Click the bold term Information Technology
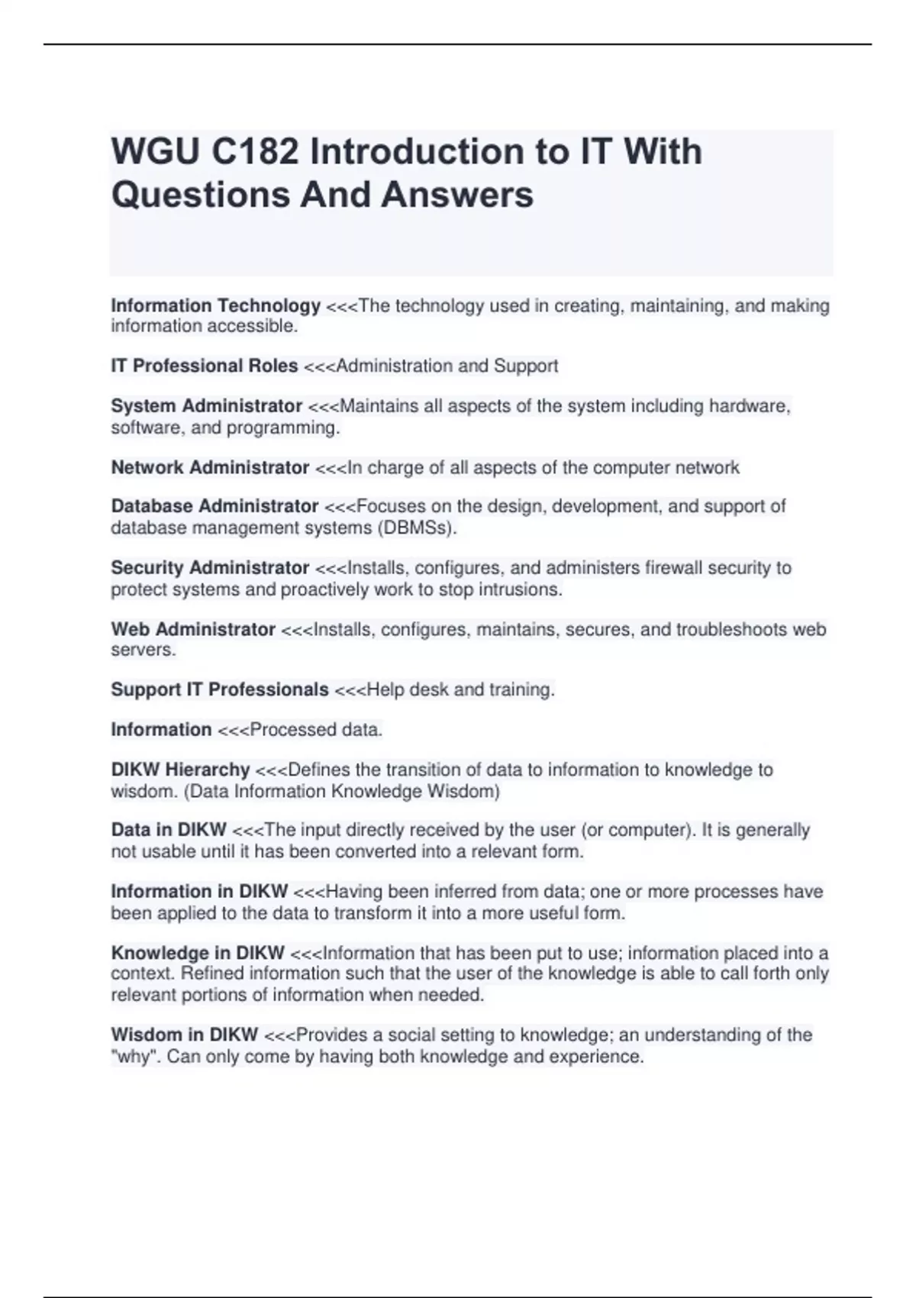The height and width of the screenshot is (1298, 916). click(x=215, y=305)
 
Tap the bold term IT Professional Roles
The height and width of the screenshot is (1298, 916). click(x=204, y=366)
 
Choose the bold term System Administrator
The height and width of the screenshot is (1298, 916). click(x=206, y=406)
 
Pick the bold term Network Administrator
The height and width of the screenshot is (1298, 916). click(x=210, y=467)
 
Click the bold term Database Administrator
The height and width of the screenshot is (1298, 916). click(x=214, y=506)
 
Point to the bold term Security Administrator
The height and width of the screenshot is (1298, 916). click(x=210, y=568)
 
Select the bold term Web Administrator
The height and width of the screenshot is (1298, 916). click(x=193, y=629)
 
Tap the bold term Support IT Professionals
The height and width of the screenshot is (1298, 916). click(x=220, y=689)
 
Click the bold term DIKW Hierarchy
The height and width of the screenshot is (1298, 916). click(x=180, y=770)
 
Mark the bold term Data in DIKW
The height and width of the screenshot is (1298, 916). click(x=169, y=830)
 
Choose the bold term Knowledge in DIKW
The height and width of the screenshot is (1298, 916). click(x=198, y=953)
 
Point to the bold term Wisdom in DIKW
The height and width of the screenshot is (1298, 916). click(x=184, y=1035)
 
